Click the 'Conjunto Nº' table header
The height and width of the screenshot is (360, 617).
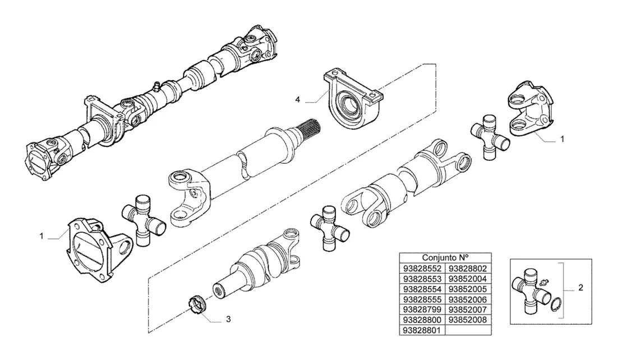[445, 258]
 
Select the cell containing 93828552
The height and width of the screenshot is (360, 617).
[422, 269]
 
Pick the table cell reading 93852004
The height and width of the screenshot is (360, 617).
[468, 279]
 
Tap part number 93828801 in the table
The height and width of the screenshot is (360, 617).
[422, 330]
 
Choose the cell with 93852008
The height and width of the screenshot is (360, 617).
[468, 320]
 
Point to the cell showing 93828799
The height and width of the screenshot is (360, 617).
[422, 309]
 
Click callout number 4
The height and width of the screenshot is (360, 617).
[297, 100]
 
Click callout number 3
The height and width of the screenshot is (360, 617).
[228, 319]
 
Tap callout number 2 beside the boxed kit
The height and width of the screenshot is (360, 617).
[581, 288]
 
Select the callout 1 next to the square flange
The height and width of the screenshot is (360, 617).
[42, 236]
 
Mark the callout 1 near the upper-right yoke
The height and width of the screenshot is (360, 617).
[562, 139]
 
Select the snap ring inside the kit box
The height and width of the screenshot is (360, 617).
[556, 304]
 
